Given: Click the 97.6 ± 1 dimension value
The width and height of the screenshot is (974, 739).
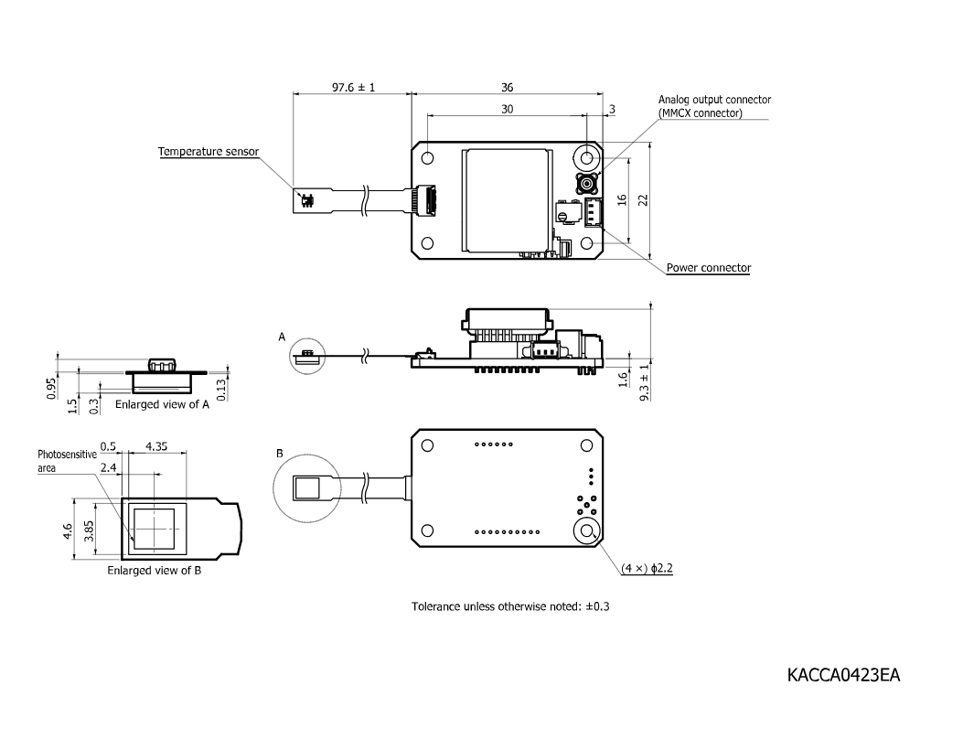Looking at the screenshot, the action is [353, 88].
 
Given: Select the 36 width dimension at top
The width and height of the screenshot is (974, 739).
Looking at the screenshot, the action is [507, 88].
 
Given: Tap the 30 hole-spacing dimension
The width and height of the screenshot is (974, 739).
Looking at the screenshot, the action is [507, 110].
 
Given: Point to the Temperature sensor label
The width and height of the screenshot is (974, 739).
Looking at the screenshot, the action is [209, 152].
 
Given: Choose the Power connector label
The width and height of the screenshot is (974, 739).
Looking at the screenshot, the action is [709, 268].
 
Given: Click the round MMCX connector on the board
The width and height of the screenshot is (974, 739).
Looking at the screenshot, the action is [586, 184].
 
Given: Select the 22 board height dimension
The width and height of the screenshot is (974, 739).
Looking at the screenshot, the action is [644, 200].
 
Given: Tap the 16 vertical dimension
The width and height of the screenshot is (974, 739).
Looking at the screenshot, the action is [623, 200].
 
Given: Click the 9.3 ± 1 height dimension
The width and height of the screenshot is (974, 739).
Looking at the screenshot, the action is [644, 382].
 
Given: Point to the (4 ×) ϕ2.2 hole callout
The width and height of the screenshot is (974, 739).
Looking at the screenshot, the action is [648, 568].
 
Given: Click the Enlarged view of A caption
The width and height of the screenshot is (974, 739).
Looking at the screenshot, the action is [162, 404].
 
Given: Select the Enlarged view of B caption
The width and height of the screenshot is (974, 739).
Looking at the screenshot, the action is [154, 570].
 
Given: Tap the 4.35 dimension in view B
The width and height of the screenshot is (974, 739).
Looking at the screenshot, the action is [156, 446].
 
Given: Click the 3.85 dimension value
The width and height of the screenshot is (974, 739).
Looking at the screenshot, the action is [89, 531].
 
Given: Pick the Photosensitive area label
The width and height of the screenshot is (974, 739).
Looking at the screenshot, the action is [67, 461].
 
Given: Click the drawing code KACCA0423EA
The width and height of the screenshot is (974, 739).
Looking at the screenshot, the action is [843, 675].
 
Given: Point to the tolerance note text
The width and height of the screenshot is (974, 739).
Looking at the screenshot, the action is [510, 606].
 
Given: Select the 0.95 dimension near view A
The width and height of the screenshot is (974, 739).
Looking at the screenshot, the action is [51, 389].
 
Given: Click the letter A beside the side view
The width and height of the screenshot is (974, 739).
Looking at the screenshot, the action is [282, 337].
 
